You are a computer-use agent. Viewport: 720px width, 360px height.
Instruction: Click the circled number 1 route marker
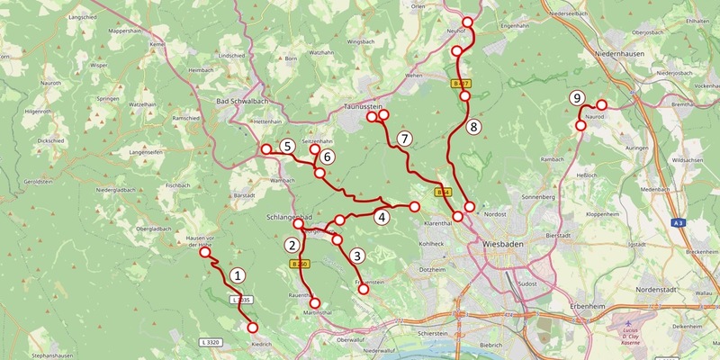[238, 275]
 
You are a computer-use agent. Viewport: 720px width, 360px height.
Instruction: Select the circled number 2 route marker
[292, 243]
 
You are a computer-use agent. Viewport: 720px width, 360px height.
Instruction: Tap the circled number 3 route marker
[357, 256]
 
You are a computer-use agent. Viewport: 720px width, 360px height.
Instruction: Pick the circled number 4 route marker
[382, 217]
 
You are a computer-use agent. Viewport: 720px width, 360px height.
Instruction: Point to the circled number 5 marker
[286, 146]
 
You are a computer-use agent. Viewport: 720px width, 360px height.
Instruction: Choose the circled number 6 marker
[328, 157]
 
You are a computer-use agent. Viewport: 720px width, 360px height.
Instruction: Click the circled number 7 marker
[405, 139]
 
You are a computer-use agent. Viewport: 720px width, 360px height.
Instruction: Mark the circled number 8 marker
[474, 127]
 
